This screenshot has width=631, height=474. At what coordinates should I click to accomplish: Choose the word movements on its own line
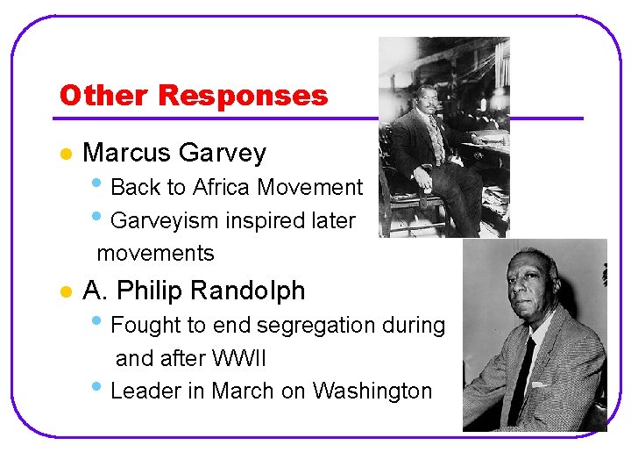coord(155,254)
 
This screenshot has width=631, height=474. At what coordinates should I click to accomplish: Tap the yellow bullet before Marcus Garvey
coord(64,154)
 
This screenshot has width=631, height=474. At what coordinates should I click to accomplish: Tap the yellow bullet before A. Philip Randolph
coord(64,291)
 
